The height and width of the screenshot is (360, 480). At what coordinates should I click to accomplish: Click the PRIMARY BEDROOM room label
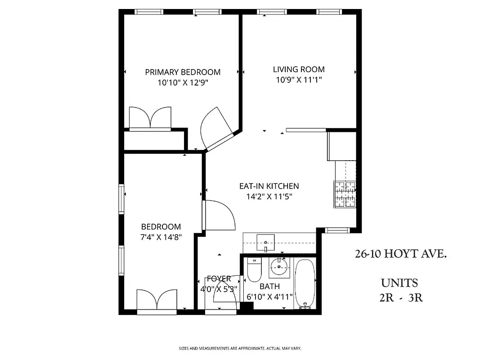pos(183,72)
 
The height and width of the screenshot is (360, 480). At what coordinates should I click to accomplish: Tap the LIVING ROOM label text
pos(299,69)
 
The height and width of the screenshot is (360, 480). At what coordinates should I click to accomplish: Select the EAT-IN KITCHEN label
pos(269,186)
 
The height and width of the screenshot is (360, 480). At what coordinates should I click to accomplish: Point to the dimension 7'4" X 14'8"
pos(161,238)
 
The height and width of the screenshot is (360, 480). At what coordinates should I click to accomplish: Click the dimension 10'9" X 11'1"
pos(299,80)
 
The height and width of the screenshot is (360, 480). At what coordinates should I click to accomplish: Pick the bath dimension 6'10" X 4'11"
pos(270,297)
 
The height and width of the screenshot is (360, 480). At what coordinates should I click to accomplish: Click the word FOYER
pos(219,279)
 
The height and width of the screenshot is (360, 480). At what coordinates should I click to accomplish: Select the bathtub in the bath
pos(306,283)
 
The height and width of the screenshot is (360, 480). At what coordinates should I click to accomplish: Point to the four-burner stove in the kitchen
pos(345,194)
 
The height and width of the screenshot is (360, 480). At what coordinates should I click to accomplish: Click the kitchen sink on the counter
pos(265,242)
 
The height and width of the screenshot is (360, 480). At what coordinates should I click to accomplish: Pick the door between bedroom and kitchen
pos(219,215)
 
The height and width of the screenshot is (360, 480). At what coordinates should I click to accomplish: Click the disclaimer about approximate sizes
pos(240,348)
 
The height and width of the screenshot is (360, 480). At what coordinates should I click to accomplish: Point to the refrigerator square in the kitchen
pos(341,146)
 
